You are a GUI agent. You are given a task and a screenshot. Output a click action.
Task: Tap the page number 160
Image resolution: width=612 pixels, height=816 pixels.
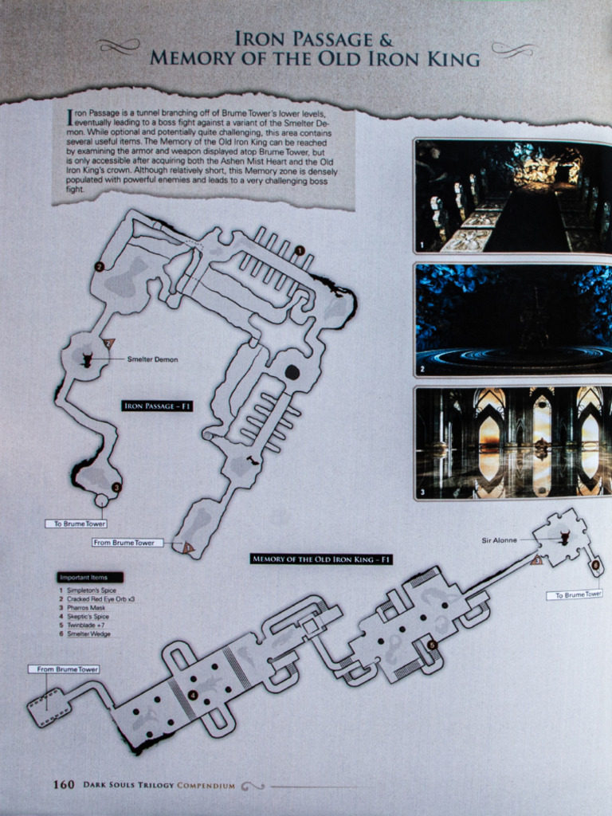tap(64, 784)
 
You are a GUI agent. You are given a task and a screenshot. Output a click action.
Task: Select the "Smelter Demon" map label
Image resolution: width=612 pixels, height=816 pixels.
tap(152, 359)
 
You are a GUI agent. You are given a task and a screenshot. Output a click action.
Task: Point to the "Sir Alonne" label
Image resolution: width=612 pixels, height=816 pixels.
tap(499, 540)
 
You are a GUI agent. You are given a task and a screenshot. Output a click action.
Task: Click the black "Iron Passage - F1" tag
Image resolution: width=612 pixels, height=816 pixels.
tap(157, 406)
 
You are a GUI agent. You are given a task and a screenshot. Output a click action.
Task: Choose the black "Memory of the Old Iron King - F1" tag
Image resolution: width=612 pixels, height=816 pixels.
tap(321, 559)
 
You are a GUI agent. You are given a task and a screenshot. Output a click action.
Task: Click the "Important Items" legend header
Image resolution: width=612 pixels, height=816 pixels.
tap(89, 577)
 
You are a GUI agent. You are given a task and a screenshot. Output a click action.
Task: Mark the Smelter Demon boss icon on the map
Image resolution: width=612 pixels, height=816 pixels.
tap(87, 360)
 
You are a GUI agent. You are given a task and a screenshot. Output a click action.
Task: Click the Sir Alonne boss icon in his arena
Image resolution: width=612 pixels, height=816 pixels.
tap(564, 538)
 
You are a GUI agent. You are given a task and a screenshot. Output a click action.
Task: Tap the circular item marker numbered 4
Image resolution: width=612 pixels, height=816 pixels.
tap(192, 696)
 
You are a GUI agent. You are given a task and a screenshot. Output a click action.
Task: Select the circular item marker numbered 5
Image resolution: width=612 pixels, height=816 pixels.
tap(431, 645)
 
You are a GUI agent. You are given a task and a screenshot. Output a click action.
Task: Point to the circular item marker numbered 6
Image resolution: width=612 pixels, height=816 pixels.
tap(594, 565)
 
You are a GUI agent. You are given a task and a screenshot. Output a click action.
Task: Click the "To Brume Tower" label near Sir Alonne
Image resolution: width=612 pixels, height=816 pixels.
tap(574, 594)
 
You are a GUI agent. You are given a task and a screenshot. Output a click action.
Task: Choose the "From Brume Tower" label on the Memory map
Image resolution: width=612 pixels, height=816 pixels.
tap(64, 669)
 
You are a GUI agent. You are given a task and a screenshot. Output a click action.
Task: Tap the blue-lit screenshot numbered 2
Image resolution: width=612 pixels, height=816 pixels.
tap(512, 319)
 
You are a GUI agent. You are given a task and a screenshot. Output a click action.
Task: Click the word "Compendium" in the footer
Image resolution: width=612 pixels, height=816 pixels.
tap(206, 785)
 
